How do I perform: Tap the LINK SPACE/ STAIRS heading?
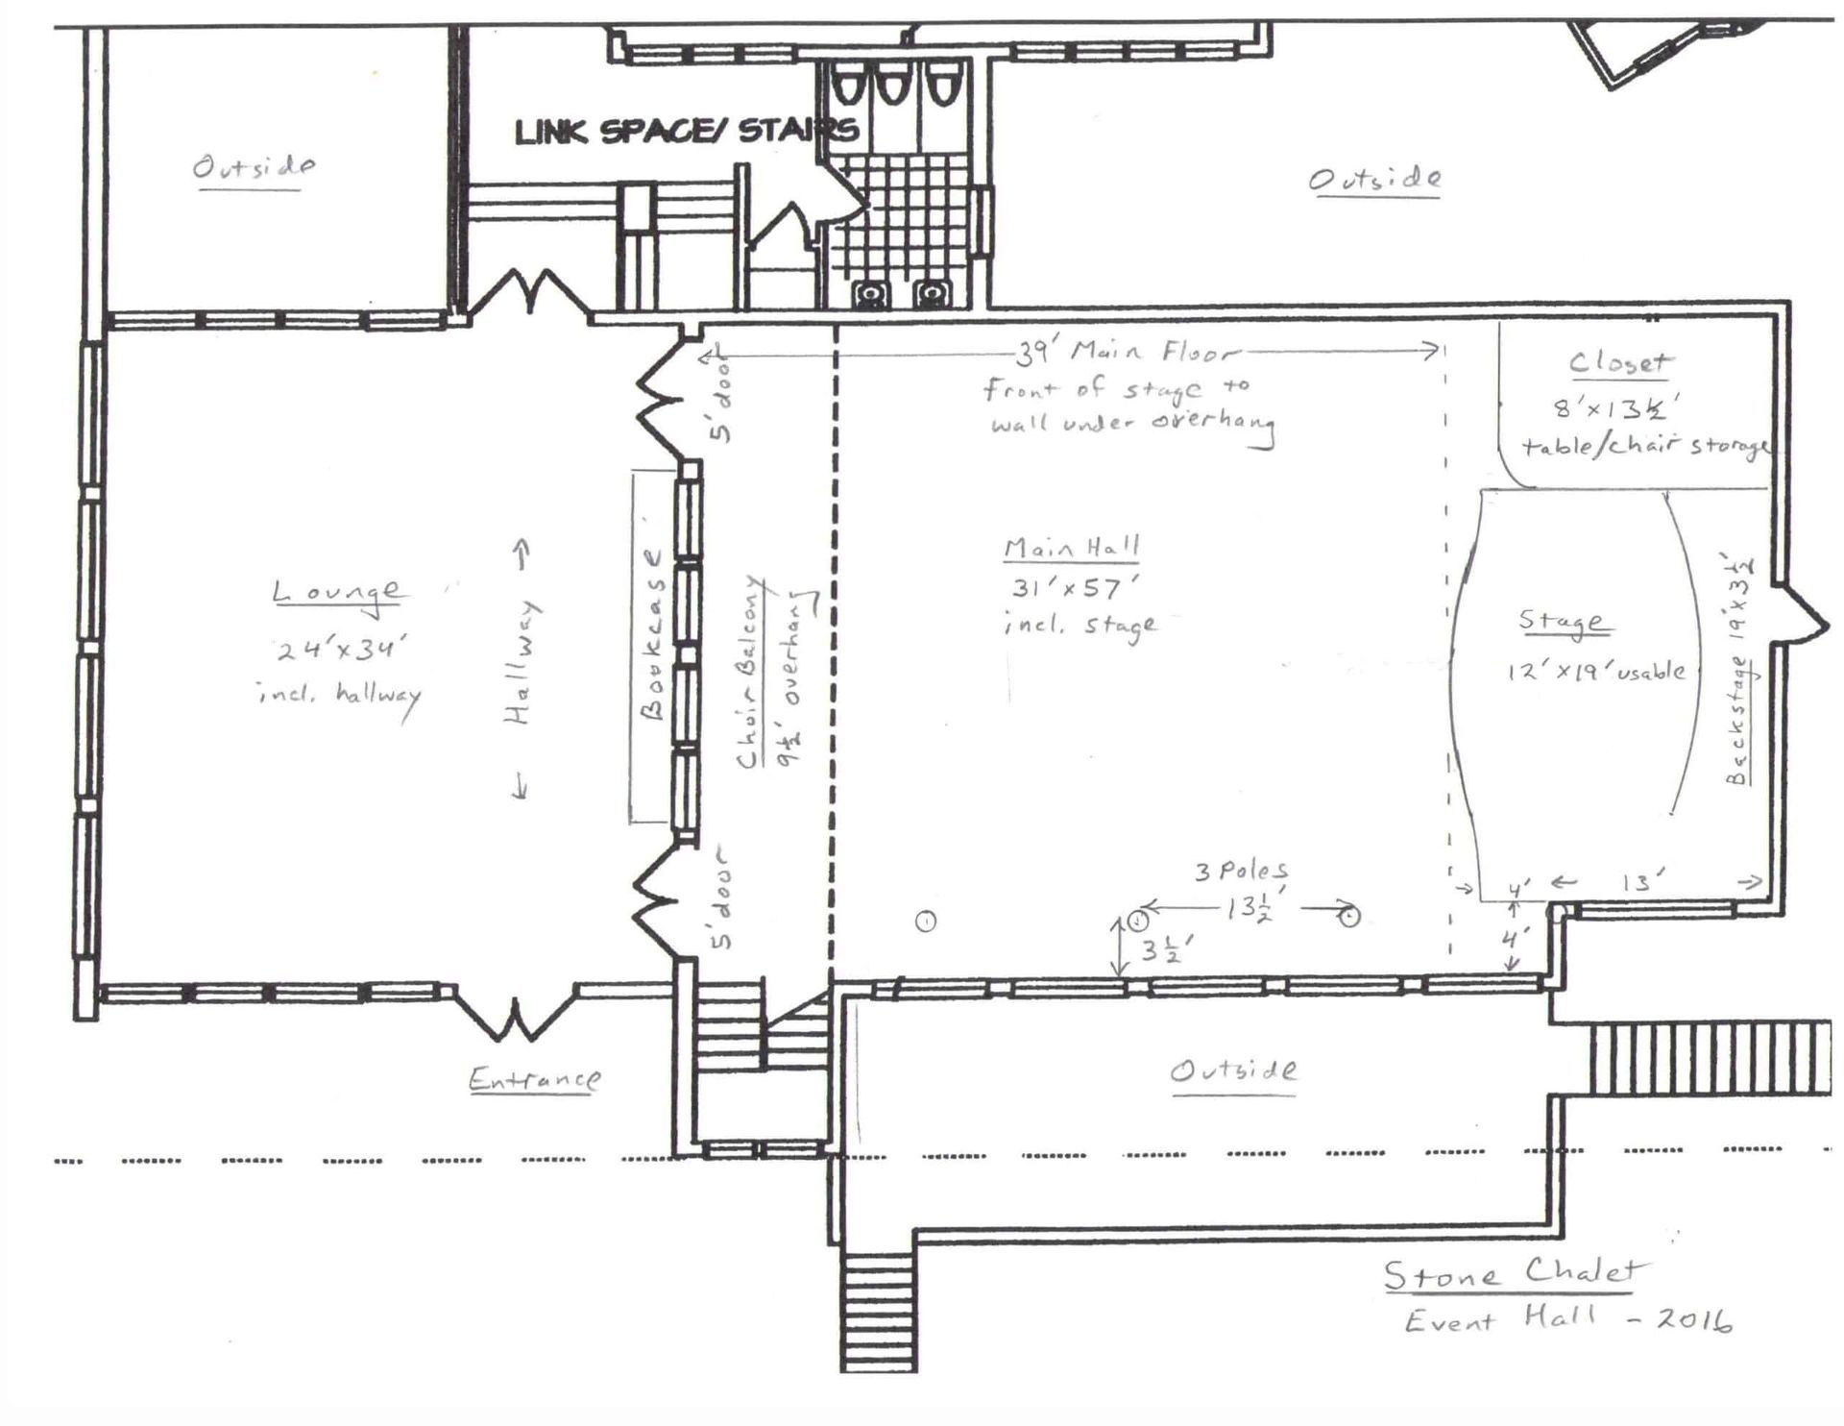(686, 131)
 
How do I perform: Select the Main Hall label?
(1071, 549)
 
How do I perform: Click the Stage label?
(1562, 622)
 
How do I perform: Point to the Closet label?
(1620, 363)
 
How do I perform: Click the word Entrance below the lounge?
(534, 1080)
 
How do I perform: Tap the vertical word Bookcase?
(653, 634)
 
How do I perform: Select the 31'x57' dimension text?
(1074, 587)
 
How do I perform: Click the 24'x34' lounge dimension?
(336, 651)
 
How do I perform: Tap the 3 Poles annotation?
(1242, 872)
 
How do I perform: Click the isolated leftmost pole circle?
(926, 922)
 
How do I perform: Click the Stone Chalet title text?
(1512, 1273)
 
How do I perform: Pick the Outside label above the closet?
(1374, 179)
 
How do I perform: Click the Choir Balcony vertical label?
(750, 673)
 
